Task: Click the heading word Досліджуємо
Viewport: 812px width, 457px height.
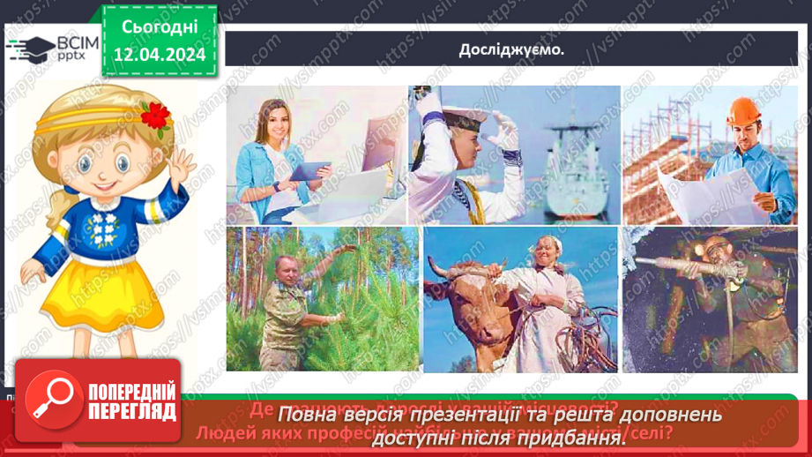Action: tap(511, 50)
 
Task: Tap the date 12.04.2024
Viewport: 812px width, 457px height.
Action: tap(160, 55)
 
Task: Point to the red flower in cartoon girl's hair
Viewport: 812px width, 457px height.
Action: tap(156, 116)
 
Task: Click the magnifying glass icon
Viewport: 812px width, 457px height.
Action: tap(50, 398)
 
